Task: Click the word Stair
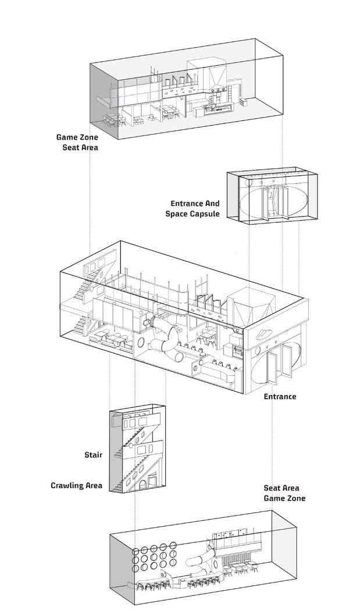92,454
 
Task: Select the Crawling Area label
76,485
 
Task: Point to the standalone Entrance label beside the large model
280,396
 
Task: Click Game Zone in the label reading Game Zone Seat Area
77,137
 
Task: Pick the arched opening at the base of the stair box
142,482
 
